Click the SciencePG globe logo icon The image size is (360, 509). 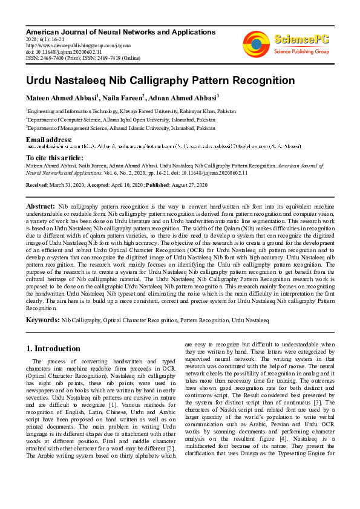[x=256, y=44]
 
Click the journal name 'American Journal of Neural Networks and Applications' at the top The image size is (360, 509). [x=120, y=31]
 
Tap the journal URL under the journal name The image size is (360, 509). [x=70, y=44]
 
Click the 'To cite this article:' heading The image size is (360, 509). [x=55, y=157]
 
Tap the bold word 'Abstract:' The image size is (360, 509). [x=40, y=207]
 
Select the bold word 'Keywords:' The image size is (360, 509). [x=42, y=319]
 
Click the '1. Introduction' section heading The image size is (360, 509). [x=53, y=349]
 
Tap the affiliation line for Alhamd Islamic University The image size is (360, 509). [x=120, y=129]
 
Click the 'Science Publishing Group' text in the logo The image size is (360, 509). [x=301, y=52]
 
